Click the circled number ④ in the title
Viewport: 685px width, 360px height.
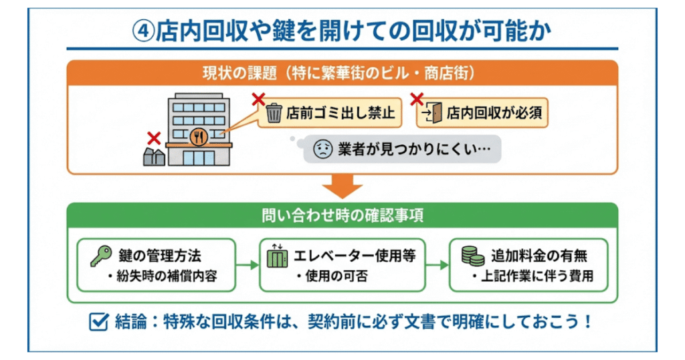pyautogui.click(x=142, y=30)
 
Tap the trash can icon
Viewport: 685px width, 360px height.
pyautogui.click(x=274, y=113)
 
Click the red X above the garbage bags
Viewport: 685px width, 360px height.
pyautogui.click(x=154, y=139)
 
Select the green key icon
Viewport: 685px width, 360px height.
pyautogui.click(x=100, y=255)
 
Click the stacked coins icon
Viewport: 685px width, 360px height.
pyautogui.click(x=473, y=256)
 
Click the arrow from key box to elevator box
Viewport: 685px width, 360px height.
pyautogui.click(x=247, y=265)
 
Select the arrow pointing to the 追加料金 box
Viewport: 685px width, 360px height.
pyautogui.click(x=438, y=265)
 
